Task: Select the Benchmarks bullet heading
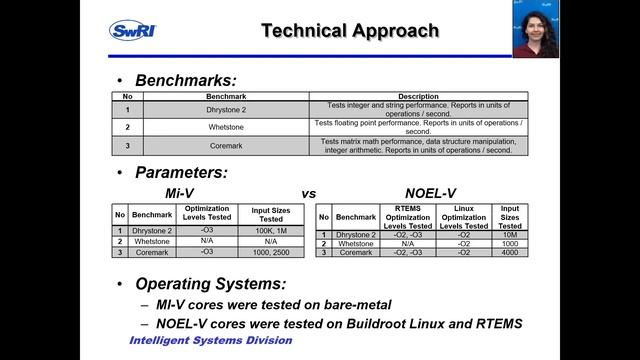tap(186, 79)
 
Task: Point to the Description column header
tap(418, 96)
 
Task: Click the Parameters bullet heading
tap(182, 172)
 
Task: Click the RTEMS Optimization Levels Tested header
tap(407, 217)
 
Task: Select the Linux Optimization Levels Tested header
tap(464, 217)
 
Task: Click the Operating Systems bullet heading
tap(219, 283)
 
